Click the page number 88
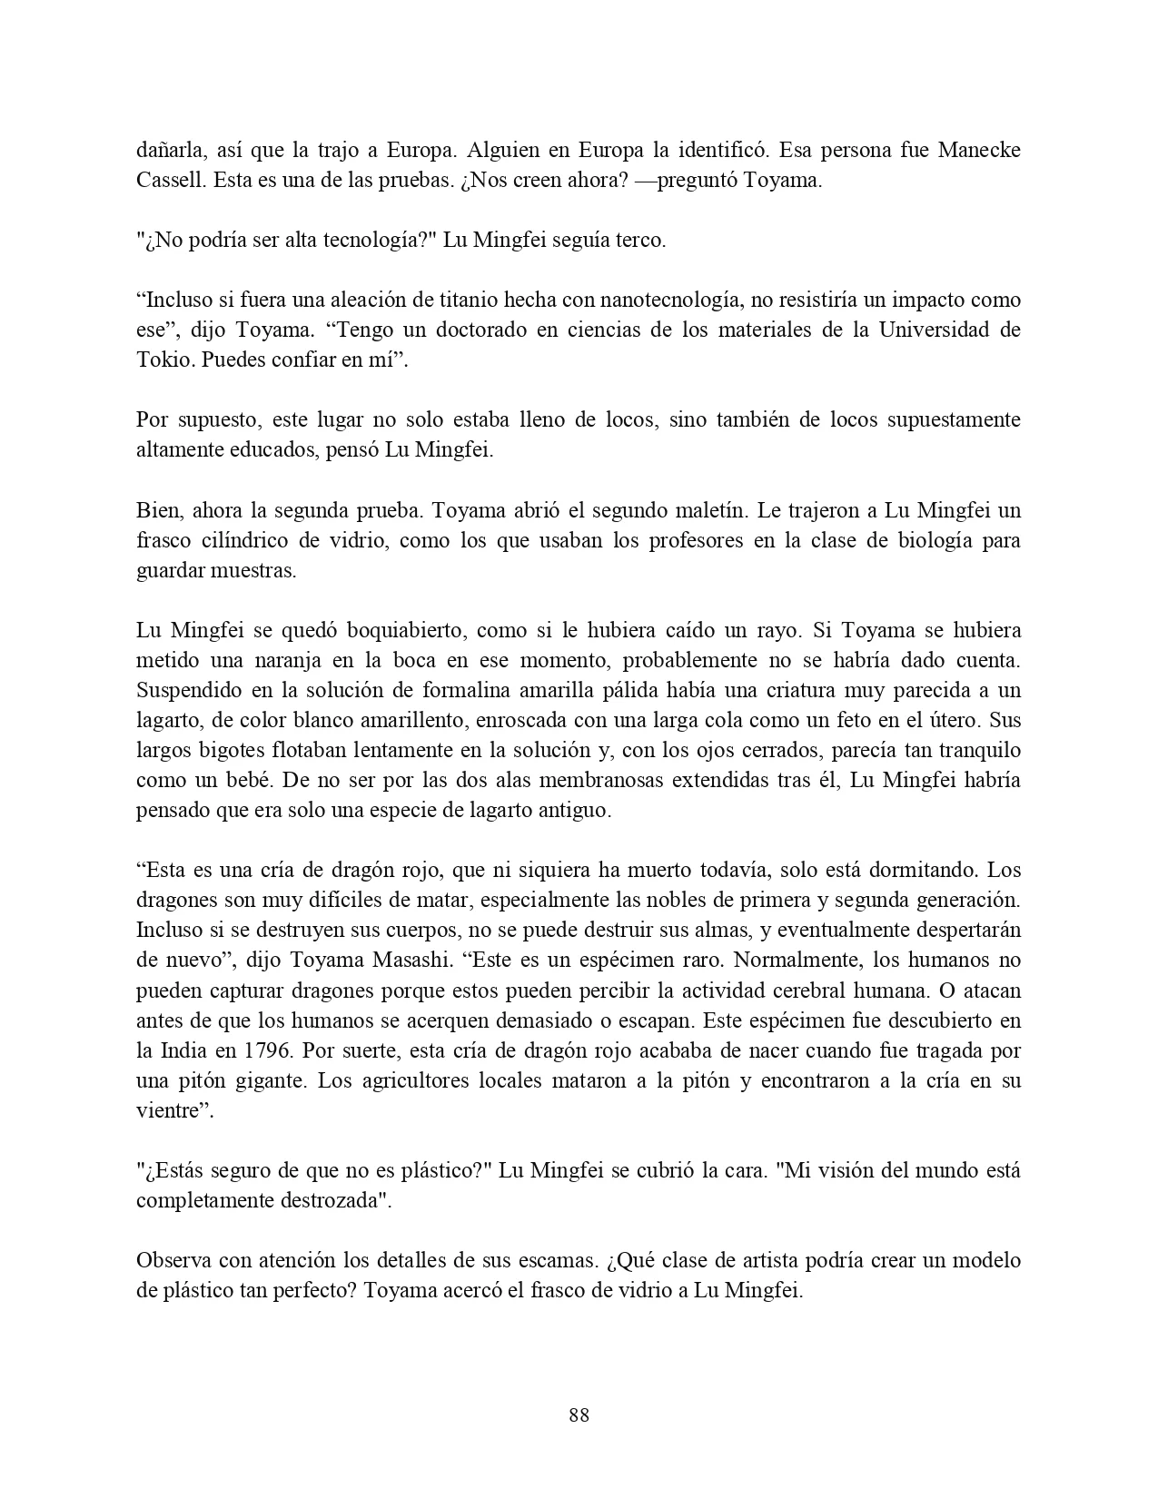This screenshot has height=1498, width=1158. click(x=579, y=1415)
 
